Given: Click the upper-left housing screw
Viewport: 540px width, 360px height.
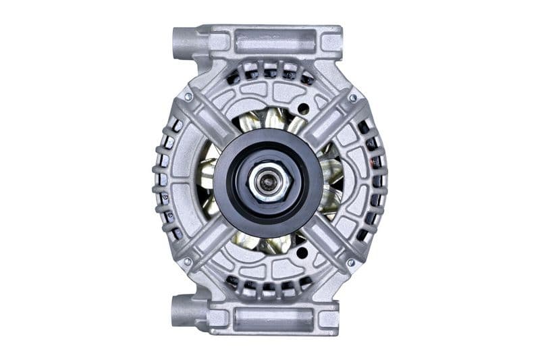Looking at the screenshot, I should [188, 97].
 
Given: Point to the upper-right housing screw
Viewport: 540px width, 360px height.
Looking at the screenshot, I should [352, 99].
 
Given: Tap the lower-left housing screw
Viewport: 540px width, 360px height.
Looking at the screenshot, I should [187, 261].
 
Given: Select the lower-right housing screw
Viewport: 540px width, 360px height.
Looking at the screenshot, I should [350, 262].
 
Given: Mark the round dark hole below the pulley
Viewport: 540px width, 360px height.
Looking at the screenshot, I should [302, 253].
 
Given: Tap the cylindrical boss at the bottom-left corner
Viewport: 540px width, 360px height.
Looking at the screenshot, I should [184, 310].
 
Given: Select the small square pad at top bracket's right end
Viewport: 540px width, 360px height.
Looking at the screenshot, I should [330, 42].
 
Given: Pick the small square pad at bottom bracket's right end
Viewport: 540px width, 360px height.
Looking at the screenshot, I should [329, 318].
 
